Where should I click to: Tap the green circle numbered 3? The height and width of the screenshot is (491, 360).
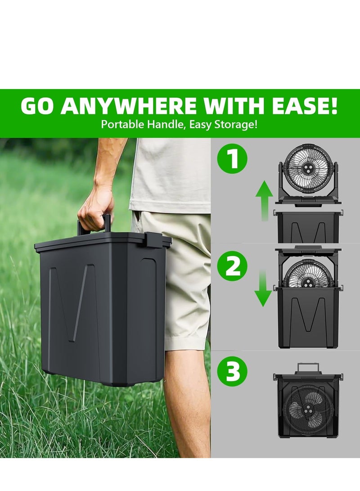[x=233, y=372]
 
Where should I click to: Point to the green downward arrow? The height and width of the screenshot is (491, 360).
[x=263, y=288]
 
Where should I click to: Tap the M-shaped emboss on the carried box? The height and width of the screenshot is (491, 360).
[x=72, y=302]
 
